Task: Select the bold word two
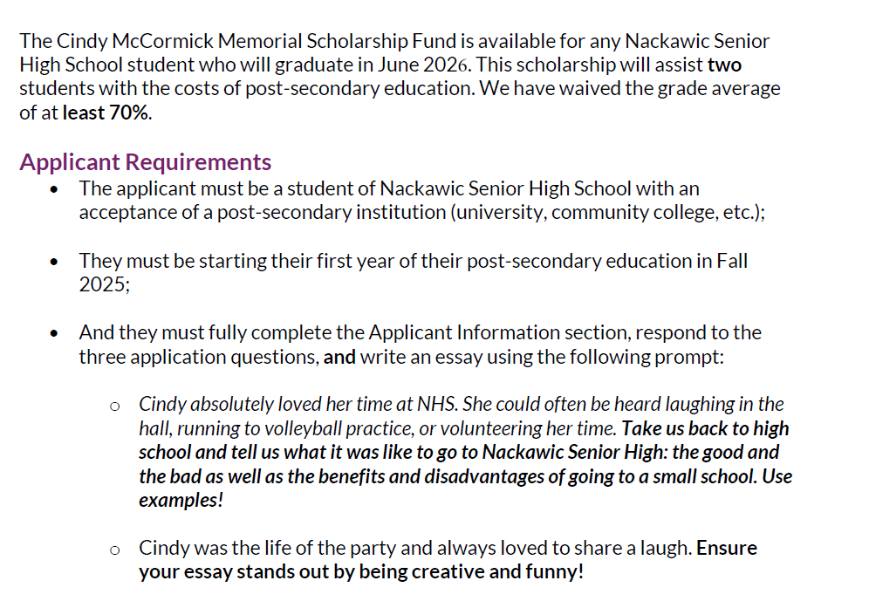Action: click(724, 65)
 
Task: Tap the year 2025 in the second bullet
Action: click(102, 284)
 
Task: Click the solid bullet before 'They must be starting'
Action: click(56, 261)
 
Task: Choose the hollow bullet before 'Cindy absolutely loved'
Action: click(114, 405)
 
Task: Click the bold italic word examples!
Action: click(181, 501)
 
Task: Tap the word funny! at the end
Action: click(554, 572)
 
